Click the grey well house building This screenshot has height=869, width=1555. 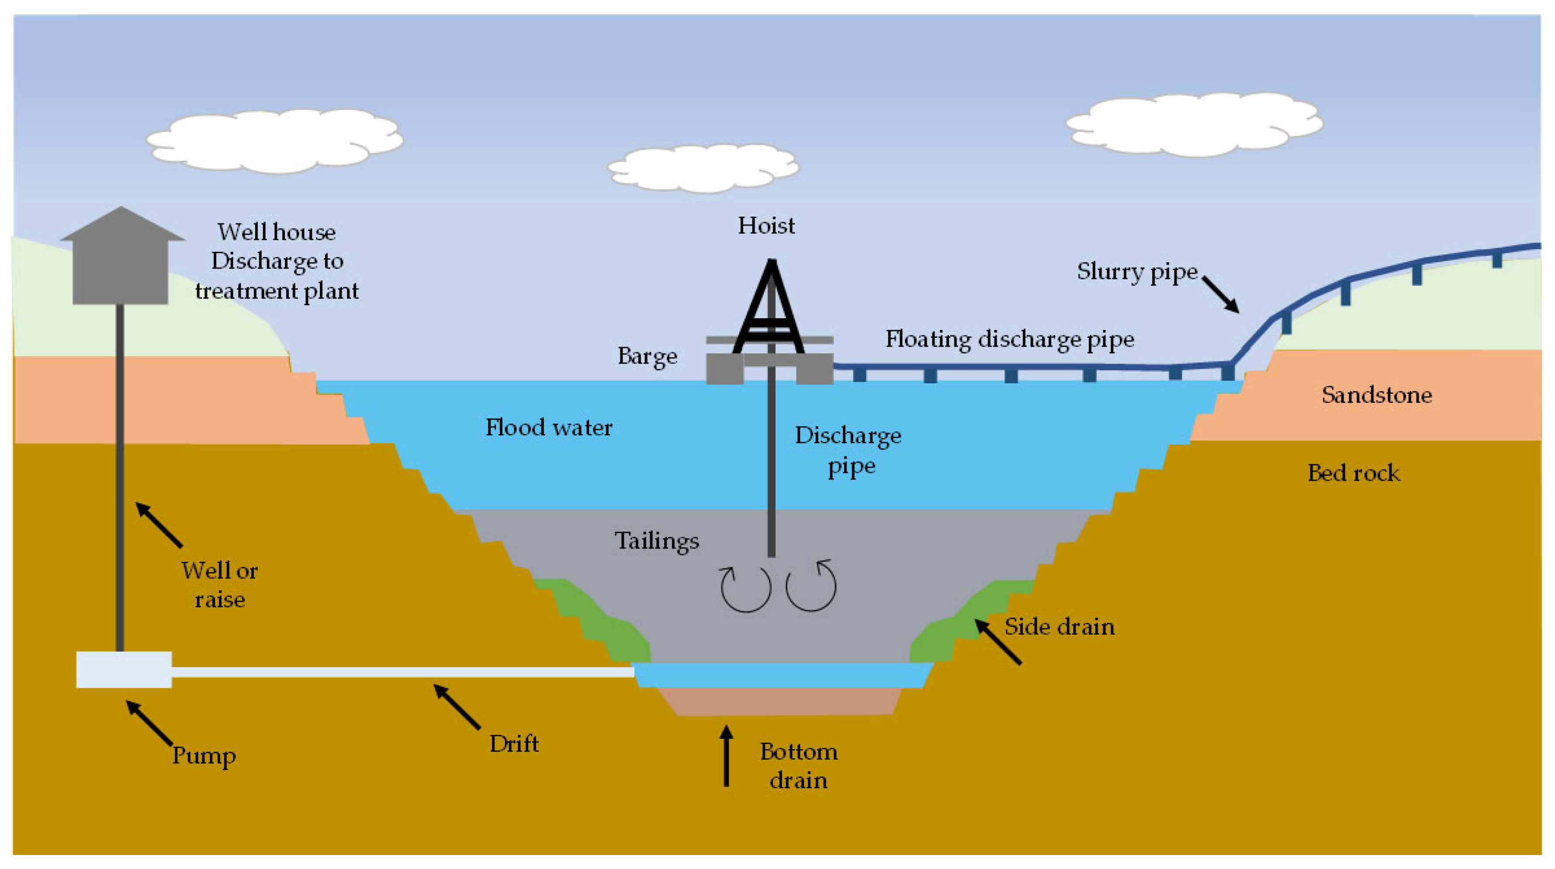click(x=121, y=266)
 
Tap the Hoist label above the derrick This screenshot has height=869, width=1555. click(x=766, y=226)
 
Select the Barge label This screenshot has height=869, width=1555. click(x=647, y=356)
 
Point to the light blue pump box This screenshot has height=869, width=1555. click(x=124, y=669)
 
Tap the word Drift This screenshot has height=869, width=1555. click(x=514, y=744)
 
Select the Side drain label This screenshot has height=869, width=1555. click(x=1060, y=627)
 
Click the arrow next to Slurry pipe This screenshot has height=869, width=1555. click(x=1221, y=295)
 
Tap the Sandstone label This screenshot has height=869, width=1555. click(x=1376, y=395)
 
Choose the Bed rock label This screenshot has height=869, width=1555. click(x=1354, y=473)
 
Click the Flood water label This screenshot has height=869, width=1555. click(x=549, y=428)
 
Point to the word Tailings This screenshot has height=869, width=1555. click(x=657, y=540)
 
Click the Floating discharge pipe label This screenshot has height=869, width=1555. click(x=1009, y=339)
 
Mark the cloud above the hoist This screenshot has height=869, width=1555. click(x=703, y=167)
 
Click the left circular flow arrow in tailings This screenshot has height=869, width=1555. click(x=745, y=589)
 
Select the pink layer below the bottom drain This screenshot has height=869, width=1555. click(x=779, y=701)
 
